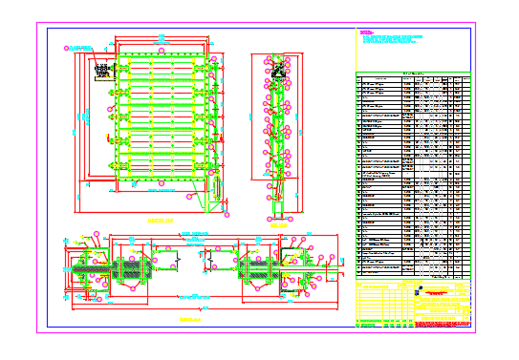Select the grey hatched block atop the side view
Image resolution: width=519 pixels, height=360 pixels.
276,70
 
